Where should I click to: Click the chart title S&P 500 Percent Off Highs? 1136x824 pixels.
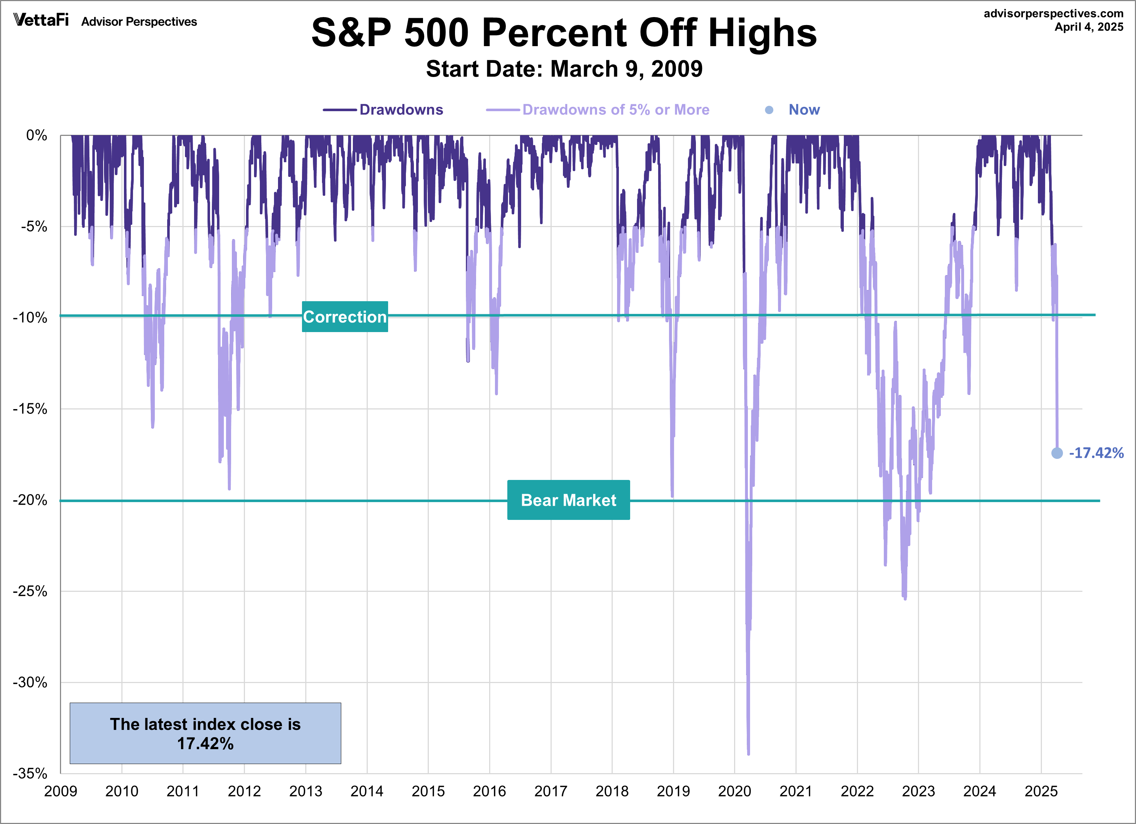pyautogui.click(x=564, y=33)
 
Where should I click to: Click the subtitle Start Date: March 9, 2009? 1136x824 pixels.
pyautogui.click(x=564, y=69)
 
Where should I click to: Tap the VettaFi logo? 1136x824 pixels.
pyautogui.click(x=41, y=20)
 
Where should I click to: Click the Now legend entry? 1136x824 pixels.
pyautogui.click(x=803, y=110)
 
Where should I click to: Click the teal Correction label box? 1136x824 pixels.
pyautogui.click(x=345, y=316)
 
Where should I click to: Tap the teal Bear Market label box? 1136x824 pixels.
pyautogui.click(x=568, y=500)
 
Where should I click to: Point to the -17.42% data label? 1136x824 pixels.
pyautogui.click(x=1096, y=453)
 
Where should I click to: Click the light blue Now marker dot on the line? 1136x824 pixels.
pyautogui.click(x=1057, y=453)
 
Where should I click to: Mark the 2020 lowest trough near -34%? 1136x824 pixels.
pyautogui.click(x=748, y=753)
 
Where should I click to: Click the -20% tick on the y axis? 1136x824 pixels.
pyautogui.click(x=30, y=500)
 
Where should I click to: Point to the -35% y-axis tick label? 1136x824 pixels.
pyautogui.click(x=30, y=773)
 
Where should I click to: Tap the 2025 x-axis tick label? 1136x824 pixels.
pyautogui.click(x=1041, y=791)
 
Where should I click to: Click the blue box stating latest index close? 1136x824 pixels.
pyautogui.click(x=205, y=733)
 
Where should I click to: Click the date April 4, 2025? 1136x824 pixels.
pyautogui.click(x=1088, y=27)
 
